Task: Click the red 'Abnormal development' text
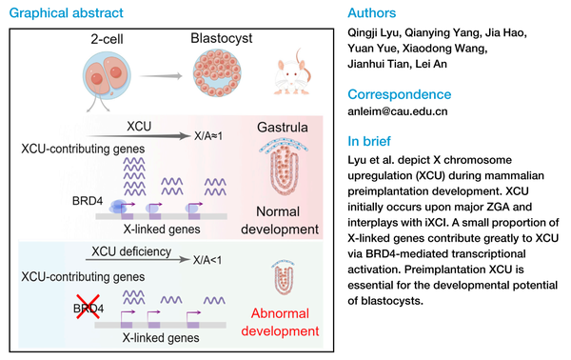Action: pos(278,320)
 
